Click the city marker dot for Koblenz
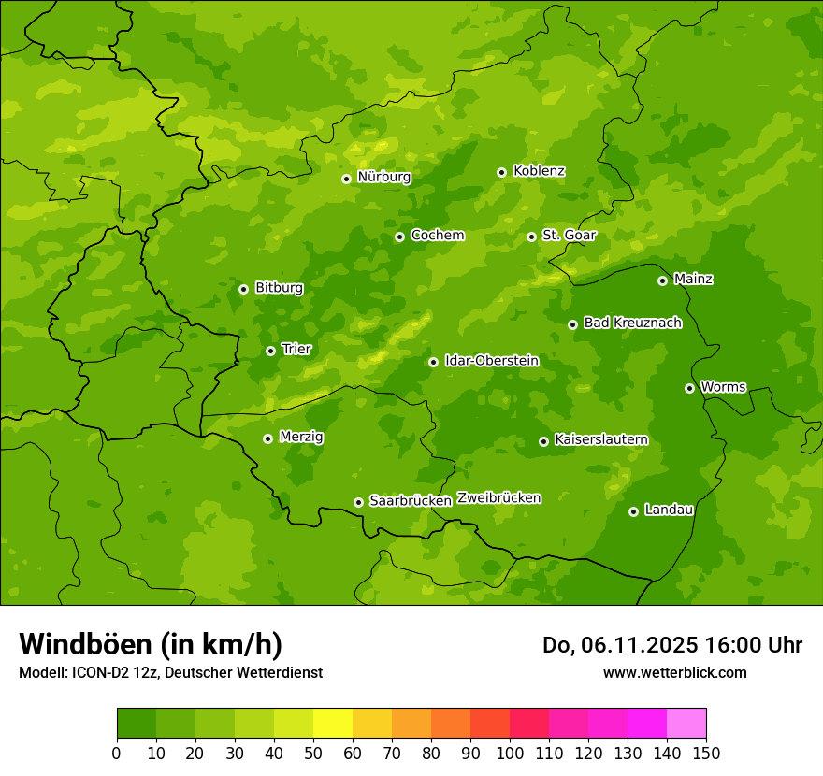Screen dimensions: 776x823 (502, 172)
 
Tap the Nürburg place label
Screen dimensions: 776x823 (383, 177)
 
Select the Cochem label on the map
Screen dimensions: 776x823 (437, 236)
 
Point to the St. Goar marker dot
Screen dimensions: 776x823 (531, 237)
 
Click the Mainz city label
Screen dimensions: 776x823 (693, 280)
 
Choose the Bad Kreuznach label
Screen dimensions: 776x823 (632, 323)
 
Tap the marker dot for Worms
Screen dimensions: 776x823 (689, 388)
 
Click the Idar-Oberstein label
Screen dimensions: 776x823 (491, 361)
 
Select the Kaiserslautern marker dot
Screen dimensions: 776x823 (543, 441)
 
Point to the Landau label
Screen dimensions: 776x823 (669, 510)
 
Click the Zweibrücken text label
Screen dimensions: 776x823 (498, 498)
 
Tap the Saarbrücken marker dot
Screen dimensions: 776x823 (358, 502)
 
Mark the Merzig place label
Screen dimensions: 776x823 (301, 437)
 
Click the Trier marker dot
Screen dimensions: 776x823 (270, 351)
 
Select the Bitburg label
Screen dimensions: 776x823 (279, 288)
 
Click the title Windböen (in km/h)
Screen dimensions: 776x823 (151, 644)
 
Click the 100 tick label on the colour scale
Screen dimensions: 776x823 (510, 753)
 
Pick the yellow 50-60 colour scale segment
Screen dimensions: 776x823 (333, 724)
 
